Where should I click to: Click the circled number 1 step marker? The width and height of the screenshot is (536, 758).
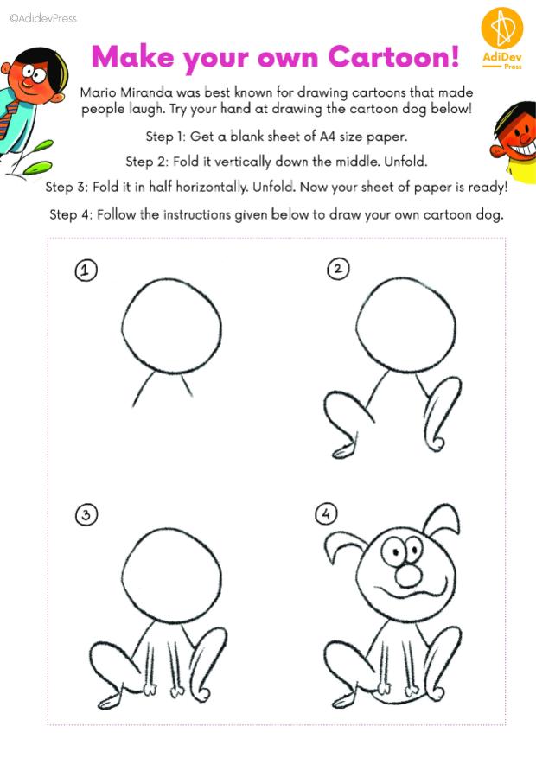(x=86, y=270)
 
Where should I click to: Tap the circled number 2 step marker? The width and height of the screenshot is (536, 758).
(x=338, y=268)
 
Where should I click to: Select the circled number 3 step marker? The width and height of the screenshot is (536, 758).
(x=86, y=515)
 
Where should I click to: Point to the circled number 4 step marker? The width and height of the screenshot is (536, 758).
(x=326, y=513)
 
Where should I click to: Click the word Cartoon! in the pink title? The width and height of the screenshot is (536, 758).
(x=393, y=56)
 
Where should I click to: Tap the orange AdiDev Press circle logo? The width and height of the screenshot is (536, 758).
(x=502, y=28)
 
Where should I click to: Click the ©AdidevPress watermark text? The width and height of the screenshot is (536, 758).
(x=43, y=18)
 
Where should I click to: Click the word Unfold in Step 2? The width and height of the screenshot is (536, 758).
(x=405, y=161)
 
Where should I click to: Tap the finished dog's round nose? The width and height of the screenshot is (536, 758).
(x=409, y=576)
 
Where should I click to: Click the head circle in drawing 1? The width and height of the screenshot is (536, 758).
(x=122, y=327)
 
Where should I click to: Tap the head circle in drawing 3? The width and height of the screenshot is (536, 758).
(x=122, y=576)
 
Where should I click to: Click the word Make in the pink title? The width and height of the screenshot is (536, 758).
(x=132, y=56)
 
